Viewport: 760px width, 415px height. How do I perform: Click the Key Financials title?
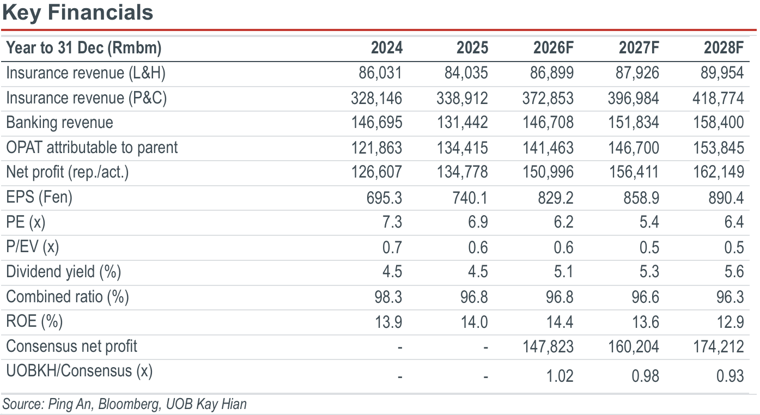(x=78, y=13)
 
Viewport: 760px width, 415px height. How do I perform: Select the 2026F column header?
(x=553, y=47)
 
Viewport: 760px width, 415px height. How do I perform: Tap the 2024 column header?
(x=387, y=47)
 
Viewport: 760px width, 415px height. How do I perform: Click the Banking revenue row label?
(x=59, y=123)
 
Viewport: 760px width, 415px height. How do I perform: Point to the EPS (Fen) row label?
(x=39, y=197)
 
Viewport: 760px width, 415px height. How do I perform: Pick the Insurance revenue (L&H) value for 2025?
(x=466, y=73)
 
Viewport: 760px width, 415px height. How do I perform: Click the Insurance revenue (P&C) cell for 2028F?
(x=718, y=98)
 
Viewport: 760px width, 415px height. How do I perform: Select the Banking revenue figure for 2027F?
(x=634, y=123)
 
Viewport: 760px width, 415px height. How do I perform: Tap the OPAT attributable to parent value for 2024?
(x=376, y=148)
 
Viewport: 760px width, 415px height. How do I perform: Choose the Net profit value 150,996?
(x=548, y=172)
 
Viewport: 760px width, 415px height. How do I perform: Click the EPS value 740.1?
(x=470, y=198)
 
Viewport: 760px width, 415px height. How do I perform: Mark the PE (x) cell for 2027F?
(x=649, y=222)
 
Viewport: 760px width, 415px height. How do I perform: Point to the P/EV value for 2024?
(x=392, y=247)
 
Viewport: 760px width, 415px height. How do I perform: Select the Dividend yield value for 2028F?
(x=734, y=272)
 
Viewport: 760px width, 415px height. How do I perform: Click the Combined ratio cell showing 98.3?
(x=388, y=297)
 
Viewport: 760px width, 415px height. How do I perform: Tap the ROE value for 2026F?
(x=560, y=322)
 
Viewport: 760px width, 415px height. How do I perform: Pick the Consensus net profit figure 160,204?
(x=634, y=346)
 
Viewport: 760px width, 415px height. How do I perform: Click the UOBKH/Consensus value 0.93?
(x=730, y=376)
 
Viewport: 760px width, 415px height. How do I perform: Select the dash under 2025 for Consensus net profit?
(x=485, y=347)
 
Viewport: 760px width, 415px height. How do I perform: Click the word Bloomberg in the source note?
(x=129, y=404)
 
